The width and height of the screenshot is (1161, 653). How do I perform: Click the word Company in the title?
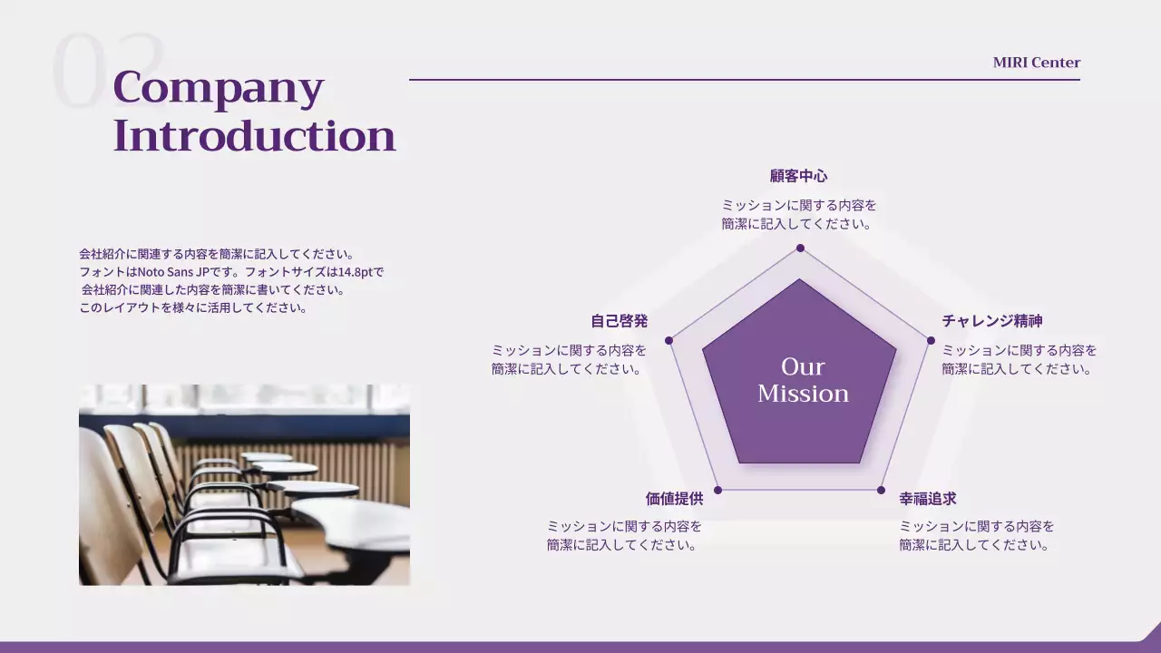pos(219,89)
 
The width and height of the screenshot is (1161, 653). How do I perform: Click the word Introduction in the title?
pos(254,136)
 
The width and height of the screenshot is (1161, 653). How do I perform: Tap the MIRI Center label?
pos(1037,63)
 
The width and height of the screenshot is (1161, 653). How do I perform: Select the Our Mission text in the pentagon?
pos(803,380)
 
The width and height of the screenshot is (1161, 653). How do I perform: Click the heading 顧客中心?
pos(799,176)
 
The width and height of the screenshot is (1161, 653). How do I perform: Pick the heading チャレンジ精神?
pos(992,321)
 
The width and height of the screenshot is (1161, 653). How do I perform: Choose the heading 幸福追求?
pos(928,499)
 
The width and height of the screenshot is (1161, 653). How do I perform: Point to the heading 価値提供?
pos(674,499)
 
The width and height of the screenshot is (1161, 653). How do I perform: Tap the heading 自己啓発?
pos(620,321)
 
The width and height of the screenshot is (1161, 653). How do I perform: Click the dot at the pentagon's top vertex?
pos(800,249)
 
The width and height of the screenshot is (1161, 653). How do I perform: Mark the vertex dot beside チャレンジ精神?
pos(931,340)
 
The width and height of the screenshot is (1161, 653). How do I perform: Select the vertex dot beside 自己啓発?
pos(668,340)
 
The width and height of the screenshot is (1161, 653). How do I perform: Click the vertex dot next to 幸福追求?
pos(881,490)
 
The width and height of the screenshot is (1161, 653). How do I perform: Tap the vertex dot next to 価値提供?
pos(717,490)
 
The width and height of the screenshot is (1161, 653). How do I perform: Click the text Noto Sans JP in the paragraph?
pos(173,272)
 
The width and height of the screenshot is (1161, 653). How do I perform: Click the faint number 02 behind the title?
pos(108,70)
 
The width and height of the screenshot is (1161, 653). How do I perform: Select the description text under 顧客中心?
pos(799,215)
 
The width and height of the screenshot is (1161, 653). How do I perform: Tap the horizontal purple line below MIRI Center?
pos(745,80)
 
